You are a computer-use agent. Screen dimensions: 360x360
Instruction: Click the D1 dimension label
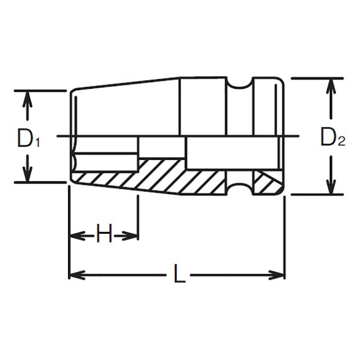(x=28, y=138)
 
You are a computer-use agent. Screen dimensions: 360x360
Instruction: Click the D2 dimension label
(x=332, y=137)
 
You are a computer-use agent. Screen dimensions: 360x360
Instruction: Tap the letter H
(x=104, y=235)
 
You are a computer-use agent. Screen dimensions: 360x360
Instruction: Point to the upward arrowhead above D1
(x=27, y=97)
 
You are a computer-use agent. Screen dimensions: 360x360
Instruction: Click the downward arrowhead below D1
(x=27, y=176)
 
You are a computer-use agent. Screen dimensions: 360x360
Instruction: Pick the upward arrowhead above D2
(x=331, y=85)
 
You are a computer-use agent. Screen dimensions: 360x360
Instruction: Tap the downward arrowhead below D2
(x=331, y=188)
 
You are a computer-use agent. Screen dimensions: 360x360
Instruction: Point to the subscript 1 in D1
(x=38, y=142)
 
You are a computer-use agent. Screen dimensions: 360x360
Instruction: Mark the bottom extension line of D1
(x=40, y=182)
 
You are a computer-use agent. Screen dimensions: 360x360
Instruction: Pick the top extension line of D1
(x=40, y=91)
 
